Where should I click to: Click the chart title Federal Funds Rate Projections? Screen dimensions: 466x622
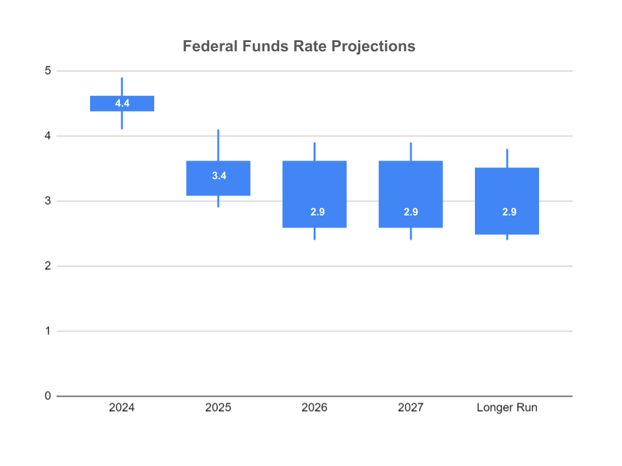[x=299, y=47]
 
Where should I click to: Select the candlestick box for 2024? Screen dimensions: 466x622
[x=122, y=104]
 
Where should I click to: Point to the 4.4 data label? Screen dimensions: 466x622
[x=122, y=104]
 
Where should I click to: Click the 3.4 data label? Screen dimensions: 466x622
[x=218, y=175]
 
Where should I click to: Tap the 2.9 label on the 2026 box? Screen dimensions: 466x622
[x=315, y=212]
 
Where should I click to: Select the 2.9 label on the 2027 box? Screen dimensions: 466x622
[x=411, y=212]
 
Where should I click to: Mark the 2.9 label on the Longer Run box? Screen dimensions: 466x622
[x=509, y=212]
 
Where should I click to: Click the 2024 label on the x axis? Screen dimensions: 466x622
[x=122, y=408]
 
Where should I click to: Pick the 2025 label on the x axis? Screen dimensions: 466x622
[x=218, y=408]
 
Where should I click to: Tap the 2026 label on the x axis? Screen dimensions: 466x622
[x=315, y=408]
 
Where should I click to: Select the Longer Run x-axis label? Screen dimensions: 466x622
[x=507, y=408]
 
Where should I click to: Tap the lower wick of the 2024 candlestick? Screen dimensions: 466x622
[x=122, y=120]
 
